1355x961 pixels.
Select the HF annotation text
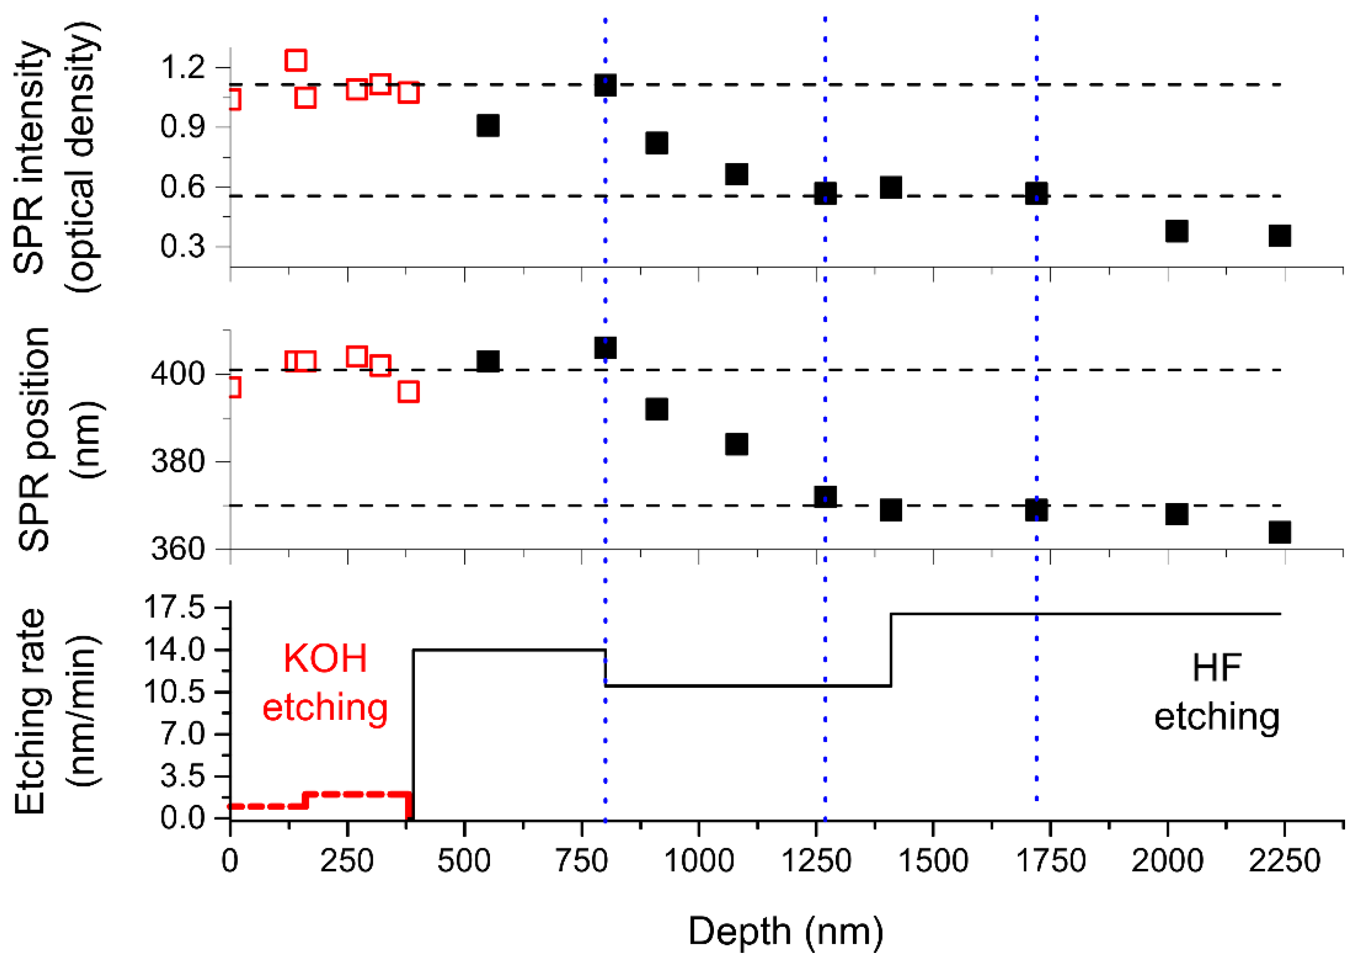click(x=1216, y=668)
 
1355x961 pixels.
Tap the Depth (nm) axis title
click(x=785, y=931)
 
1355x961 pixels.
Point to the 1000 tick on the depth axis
click(x=699, y=861)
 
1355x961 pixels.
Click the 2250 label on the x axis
click(x=1284, y=861)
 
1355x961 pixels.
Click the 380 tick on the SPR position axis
click(x=177, y=461)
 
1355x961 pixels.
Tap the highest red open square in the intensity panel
click(x=295, y=60)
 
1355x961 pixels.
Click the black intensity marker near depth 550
click(x=488, y=126)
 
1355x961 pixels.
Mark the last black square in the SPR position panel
click(x=1279, y=532)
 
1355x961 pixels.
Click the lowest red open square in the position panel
click(x=408, y=391)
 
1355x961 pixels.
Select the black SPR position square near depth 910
click(x=656, y=409)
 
